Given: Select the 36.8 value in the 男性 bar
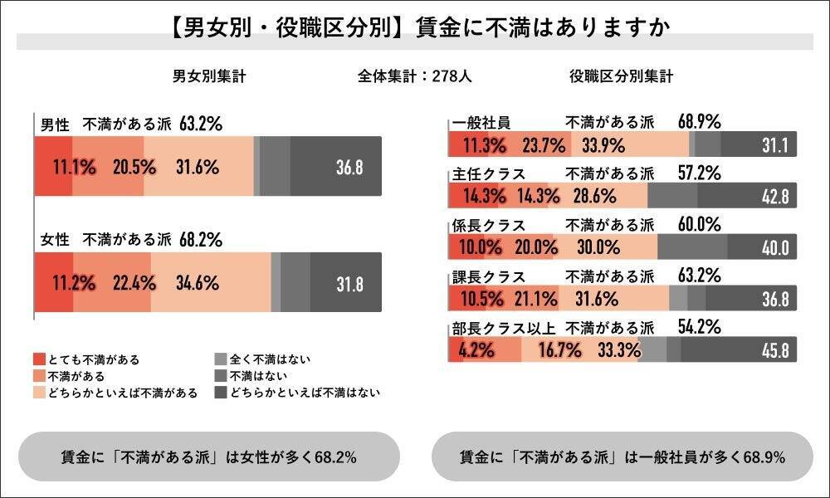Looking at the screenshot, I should click(x=349, y=167).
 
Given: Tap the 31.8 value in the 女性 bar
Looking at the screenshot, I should click(x=349, y=283).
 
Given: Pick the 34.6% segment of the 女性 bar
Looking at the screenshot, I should click(x=198, y=283).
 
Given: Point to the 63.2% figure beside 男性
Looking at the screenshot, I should click(x=201, y=124).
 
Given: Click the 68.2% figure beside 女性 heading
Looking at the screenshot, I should click(x=201, y=241).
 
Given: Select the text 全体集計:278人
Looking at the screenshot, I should click(x=415, y=76).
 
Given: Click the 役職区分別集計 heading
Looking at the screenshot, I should click(x=621, y=76).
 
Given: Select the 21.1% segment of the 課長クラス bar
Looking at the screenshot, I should click(x=539, y=298).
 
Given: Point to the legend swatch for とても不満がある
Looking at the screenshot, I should click(x=37, y=359).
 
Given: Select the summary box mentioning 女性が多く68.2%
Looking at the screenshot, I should click(x=209, y=456).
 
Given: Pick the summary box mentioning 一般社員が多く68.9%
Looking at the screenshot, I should click(x=622, y=456).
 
